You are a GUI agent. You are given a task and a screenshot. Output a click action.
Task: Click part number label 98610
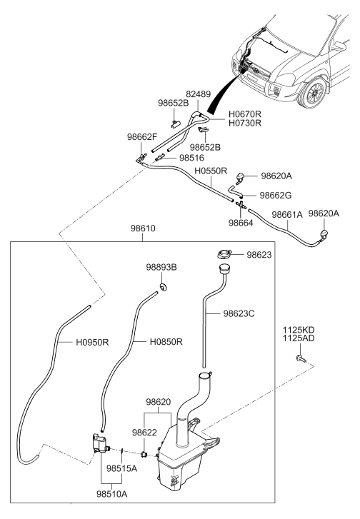(143, 228)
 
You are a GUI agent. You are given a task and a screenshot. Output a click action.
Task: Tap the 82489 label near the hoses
(198, 94)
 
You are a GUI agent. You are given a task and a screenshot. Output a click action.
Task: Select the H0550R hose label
(211, 171)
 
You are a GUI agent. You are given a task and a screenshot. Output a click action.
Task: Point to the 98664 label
(241, 223)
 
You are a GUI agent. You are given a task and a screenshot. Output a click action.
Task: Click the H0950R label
(92, 342)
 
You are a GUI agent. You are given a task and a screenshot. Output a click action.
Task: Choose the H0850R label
(166, 341)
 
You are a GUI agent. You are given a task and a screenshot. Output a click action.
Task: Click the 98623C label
(239, 313)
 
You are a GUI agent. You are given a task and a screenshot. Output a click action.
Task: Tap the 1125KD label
(299, 330)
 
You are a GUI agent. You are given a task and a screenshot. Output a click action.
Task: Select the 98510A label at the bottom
(112, 494)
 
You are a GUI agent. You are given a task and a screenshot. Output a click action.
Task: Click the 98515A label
(121, 469)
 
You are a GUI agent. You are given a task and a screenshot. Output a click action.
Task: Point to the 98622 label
(144, 433)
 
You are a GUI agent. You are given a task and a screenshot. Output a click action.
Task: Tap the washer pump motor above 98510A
(100, 443)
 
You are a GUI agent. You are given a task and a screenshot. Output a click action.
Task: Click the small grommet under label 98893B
(163, 287)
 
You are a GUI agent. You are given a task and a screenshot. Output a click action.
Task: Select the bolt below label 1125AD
(301, 358)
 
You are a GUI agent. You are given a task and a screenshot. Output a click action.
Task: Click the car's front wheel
(314, 94)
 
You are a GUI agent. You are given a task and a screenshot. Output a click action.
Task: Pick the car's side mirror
(339, 46)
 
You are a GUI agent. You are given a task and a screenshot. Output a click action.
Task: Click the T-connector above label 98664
(241, 205)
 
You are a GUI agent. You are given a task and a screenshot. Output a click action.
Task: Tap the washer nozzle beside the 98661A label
(324, 234)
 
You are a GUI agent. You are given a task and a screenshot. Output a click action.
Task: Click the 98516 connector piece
(160, 157)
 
